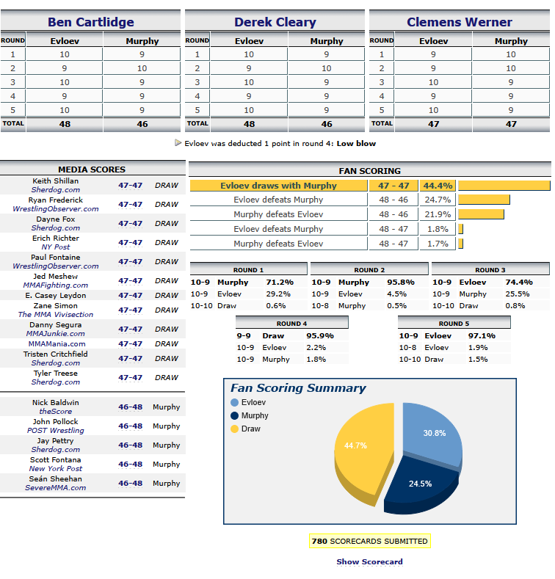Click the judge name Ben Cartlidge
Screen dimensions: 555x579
pyautogui.click(x=91, y=22)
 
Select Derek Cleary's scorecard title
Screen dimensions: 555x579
pyautogui.click(x=275, y=22)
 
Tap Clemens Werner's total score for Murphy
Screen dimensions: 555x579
pyautogui.click(x=511, y=124)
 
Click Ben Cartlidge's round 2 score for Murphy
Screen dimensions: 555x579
pyautogui.click(x=142, y=68)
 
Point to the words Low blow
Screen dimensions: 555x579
pyautogui.click(x=356, y=143)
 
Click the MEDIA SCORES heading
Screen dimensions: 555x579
pyautogui.click(x=92, y=170)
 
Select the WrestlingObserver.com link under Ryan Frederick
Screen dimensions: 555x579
pyautogui.click(x=56, y=209)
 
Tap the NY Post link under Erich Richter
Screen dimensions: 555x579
pyautogui.click(x=55, y=247)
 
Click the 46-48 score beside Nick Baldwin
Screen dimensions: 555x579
pyautogui.click(x=130, y=407)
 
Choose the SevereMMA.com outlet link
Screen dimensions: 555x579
pyautogui.click(x=55, y=488)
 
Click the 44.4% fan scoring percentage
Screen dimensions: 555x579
pyautogui.click(x=438, y=186)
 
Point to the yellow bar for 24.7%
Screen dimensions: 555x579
pyautogui.click(x=484, y=200)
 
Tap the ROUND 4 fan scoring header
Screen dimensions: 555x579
pyautogui.click(x=292, y=324)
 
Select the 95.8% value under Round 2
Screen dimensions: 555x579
pyautogui.click(x=401, y=282)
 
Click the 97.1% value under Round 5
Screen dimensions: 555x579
pyautogui.click(x=482, y=335)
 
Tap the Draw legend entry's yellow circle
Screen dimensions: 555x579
pyautogui.click(x=234, y=429)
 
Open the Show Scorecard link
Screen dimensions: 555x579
pyautogui.click(x=369, y=561)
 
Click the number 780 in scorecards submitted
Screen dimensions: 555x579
pyautogui.click(x=319, y=542)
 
